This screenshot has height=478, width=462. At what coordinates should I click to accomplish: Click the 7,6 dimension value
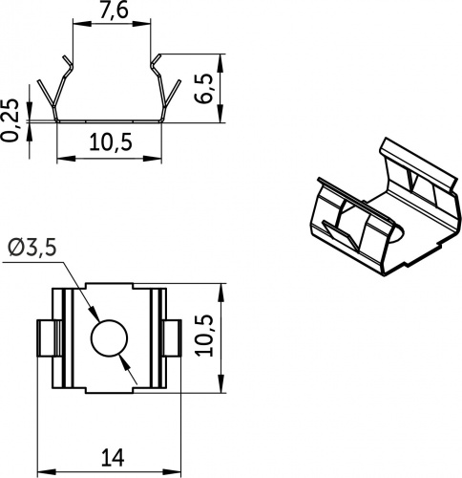coord(114,11)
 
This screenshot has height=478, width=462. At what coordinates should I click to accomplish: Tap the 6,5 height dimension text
coord(204,88)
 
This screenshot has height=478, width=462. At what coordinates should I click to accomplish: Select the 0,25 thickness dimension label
coord(10,119)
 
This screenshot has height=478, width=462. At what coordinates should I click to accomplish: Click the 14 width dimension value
coord(113,457)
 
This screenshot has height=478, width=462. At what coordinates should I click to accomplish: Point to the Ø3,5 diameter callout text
coord(32,248)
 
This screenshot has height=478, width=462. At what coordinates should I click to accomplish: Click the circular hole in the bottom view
coord(109,337)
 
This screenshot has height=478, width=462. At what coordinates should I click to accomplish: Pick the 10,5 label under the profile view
coord(111,141)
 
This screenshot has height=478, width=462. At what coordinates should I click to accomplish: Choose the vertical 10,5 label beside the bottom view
coord(204,335)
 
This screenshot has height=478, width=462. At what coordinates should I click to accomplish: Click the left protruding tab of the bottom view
coord(45,337)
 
